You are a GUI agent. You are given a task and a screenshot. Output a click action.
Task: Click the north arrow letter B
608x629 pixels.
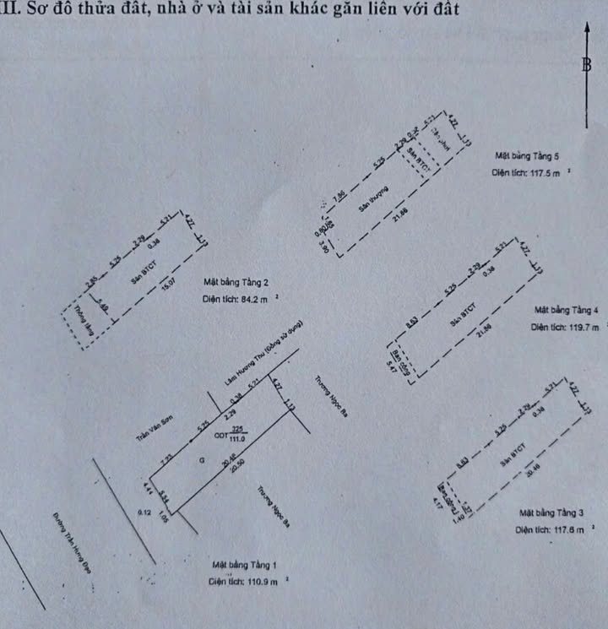click(586, 67)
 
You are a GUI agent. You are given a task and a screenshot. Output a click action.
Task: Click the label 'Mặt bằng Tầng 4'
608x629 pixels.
click(566, 310)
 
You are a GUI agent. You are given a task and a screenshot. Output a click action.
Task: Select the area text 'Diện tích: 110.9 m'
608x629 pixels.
click(247, 582)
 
